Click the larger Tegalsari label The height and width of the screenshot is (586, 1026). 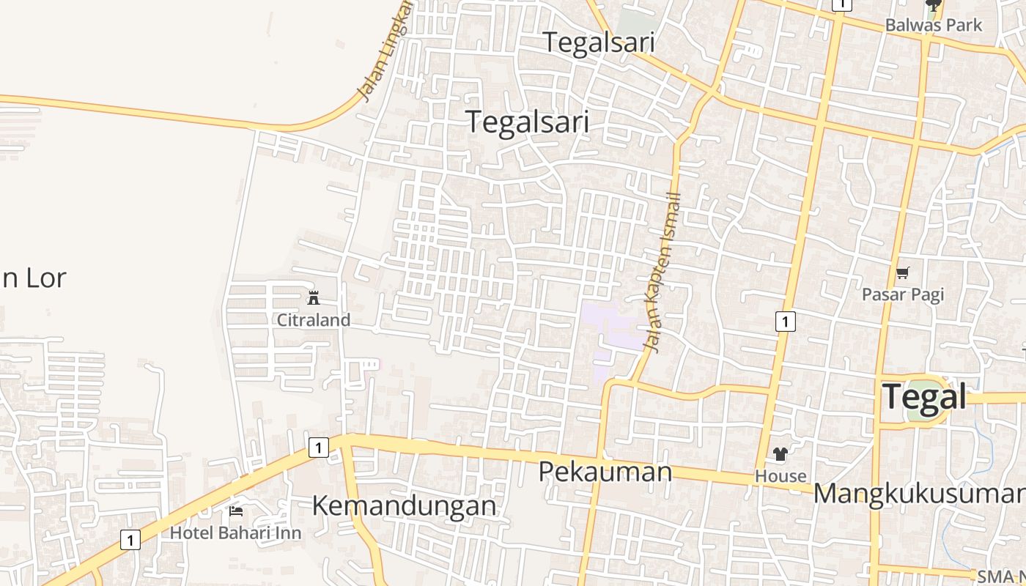527,122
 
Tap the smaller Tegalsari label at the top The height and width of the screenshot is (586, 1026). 598,42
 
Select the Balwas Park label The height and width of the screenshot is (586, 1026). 933,25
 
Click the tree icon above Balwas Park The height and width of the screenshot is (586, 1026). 933,7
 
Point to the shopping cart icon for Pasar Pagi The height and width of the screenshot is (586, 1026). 902,273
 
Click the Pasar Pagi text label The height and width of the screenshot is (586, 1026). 902,294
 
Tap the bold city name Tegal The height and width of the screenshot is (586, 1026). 924,397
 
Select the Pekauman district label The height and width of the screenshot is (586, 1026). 605,472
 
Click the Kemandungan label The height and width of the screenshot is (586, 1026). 404,505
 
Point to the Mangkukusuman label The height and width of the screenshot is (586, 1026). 919,494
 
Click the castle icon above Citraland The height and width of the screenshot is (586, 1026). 314,297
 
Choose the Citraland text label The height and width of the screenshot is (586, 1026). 314,320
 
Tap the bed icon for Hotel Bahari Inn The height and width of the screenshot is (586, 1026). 236,511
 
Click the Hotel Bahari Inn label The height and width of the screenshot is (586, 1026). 235,533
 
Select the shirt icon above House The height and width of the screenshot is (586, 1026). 780,454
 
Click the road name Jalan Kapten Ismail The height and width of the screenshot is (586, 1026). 664,272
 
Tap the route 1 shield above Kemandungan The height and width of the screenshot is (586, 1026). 318,447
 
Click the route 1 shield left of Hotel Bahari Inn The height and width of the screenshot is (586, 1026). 130,541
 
